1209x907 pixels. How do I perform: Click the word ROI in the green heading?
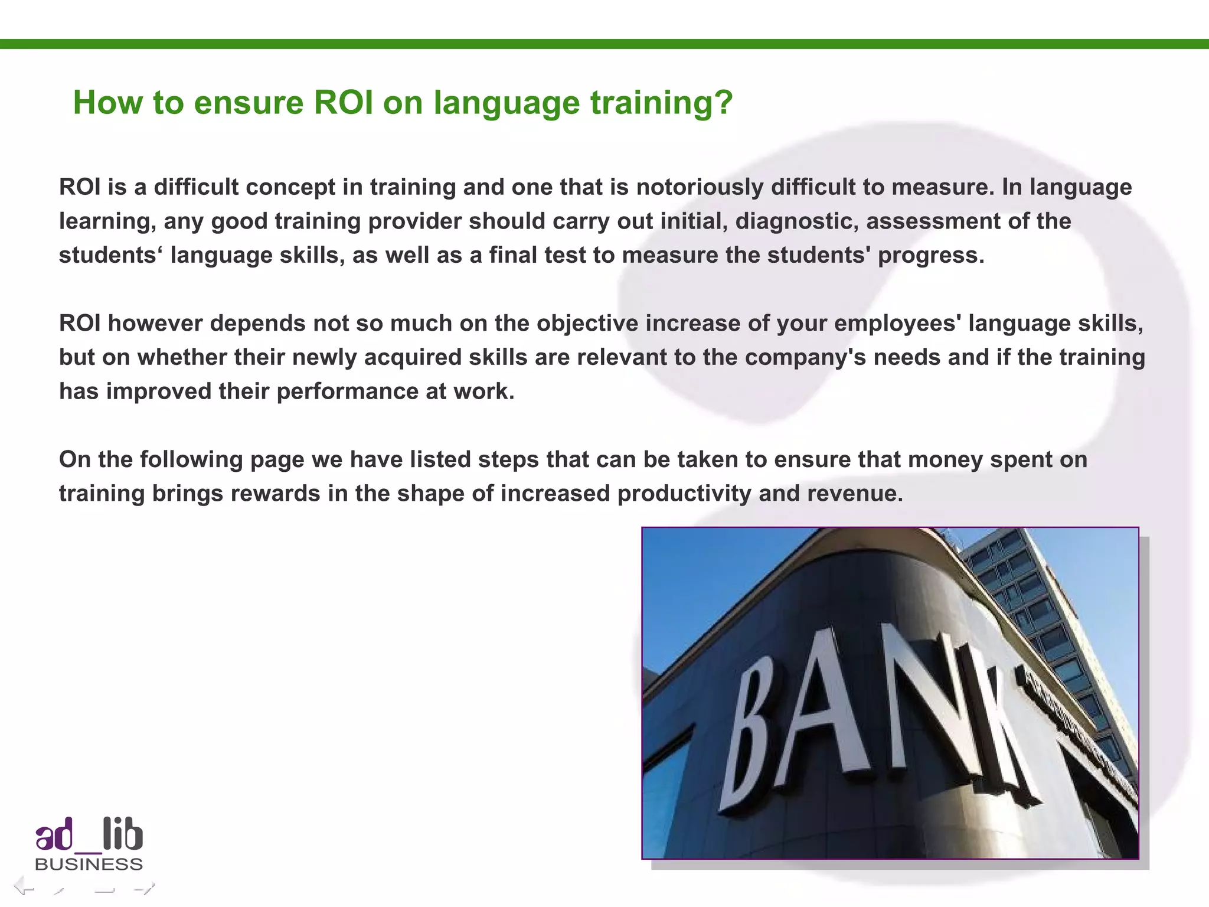343,103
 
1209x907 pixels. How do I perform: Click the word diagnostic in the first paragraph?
796,221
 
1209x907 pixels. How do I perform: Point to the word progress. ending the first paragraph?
931,256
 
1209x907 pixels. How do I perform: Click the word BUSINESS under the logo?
89,864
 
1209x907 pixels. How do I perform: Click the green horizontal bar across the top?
604,44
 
